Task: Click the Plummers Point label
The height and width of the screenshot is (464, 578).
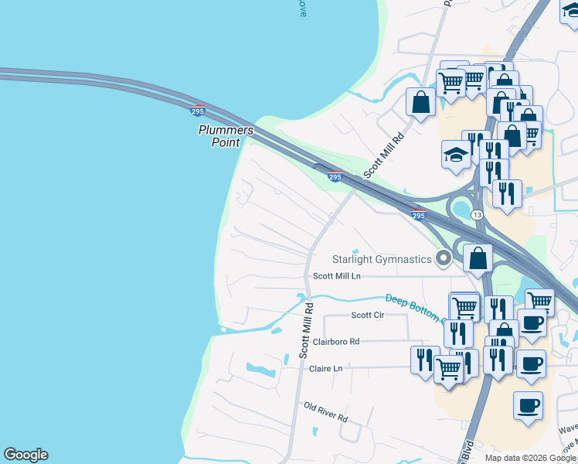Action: [x=226, y=136]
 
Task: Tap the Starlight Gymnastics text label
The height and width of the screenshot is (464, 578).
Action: [x=382, y=259]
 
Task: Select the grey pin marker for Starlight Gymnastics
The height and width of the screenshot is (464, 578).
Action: [x=444, y=258]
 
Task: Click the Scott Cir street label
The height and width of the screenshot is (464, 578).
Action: [x=368, y=315]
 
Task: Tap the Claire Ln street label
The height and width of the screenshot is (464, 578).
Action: [x=325, y=369]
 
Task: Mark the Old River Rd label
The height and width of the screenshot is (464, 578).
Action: [x=325, y=411]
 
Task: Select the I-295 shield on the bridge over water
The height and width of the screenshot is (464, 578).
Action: [x=198, y=111]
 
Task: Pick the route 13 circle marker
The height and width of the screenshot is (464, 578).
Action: [x=478, y=214]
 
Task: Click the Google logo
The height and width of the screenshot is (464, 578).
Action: [x=25, y=455]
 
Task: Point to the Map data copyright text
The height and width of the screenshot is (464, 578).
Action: [x=530, y=458]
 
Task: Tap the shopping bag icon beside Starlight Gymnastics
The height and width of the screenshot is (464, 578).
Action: [x=478, y=258]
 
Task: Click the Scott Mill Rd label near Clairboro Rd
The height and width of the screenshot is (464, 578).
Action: [x=306, y=329]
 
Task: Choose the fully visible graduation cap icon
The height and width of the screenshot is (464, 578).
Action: [x=456, y=156]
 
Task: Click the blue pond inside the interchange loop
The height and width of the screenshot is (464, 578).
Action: [x=463, y=208]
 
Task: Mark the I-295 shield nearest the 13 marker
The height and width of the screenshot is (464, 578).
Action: [x=418, y=216]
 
